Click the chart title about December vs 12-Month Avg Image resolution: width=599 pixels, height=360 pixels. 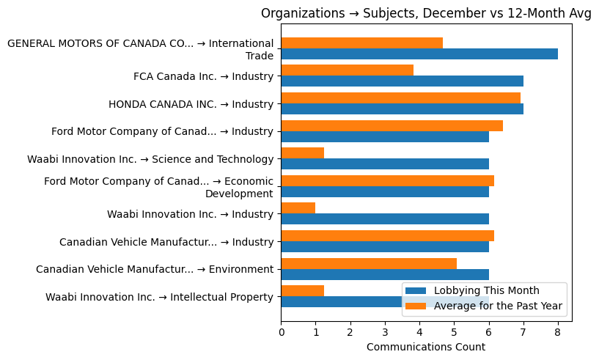click(x=426, y=13)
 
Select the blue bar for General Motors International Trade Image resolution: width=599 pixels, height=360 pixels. click(x=419, y=54)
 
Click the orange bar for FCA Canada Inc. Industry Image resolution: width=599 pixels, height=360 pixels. click(x=347, y=70)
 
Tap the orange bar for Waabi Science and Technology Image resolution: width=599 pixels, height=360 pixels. click(x=302, y=153)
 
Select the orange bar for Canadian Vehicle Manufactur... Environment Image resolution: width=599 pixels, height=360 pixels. click(x=369, y=263)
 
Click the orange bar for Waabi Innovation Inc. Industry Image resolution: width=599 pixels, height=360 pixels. click(x=298, y=208)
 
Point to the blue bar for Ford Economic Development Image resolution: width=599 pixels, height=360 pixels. click(x=385, y=191)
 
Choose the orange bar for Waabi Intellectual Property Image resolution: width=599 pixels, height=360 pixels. click(x=302, y=290)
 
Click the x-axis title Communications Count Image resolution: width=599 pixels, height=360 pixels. click(x=425, y=347)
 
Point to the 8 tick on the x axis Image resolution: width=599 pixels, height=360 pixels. click(x=558, y=331)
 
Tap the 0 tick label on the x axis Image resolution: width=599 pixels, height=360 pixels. click(x=281, y=331)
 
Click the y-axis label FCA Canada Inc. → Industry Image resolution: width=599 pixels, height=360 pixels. click(x=203, y=76)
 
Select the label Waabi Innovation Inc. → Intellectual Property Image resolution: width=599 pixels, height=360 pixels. click(x=159, y=297)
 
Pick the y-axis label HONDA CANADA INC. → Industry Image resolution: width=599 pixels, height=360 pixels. click(x=191, y=104)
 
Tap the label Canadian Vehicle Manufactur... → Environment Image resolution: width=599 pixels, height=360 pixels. click(x=154, y=269)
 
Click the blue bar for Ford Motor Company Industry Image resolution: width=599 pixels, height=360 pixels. click(x=385, y=136)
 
